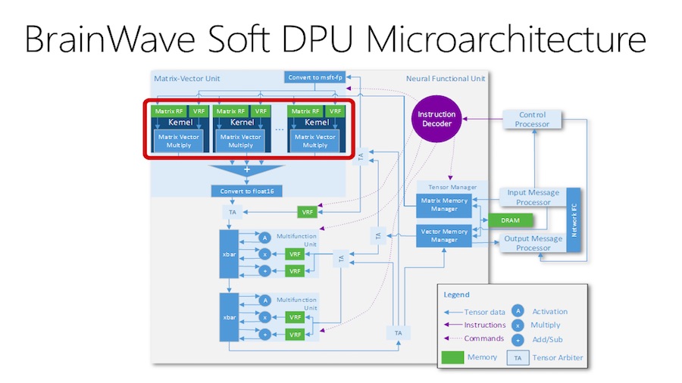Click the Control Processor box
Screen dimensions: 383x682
coord(534,119)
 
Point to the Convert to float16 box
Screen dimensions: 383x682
coord(247,191)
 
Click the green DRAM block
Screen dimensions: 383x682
coord(510,220)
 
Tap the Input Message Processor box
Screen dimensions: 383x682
coord(533,197)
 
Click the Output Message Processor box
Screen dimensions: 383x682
coord(533,243)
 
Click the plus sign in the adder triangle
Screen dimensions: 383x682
coord(246,170)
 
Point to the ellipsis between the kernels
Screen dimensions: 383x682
coord(279,129)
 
